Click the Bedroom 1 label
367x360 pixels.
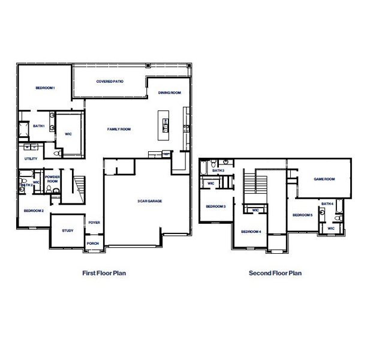[x=45, y=88]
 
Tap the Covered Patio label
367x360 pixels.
[x=110, y=81]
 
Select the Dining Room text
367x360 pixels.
[x=170, y=93]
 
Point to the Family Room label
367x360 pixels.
[x=119, y=129]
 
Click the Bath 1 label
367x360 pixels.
[x=39, y=126]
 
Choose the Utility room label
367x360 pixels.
[x=31, y=158]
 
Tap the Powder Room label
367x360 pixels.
[x=52, y=179]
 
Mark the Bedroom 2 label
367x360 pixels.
[x=34, y=211]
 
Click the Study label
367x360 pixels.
[x=67, y=230]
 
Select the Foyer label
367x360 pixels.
[x=94, y=223]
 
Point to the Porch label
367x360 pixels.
[x=93, y=244]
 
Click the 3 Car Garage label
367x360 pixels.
[x=149, y=201]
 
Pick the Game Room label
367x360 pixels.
[x=324, y=179]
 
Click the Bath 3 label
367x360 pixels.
[x=218, y=171]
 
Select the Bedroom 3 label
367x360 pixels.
[x=215, y=206]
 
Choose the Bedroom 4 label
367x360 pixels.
[x=251, y=232]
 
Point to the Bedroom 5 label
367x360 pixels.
[x=303, y=215]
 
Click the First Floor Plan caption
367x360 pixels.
[x=104, y=273]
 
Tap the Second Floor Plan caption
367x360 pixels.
[x=275, y=273]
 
